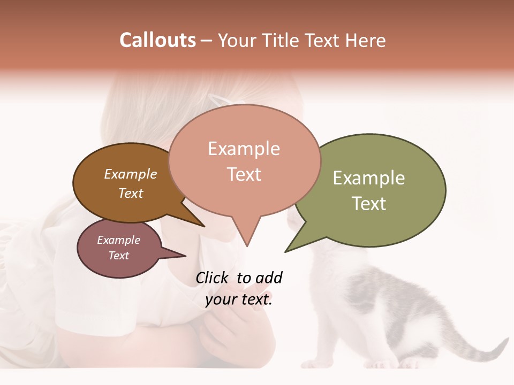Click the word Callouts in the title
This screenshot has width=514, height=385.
point(157,40)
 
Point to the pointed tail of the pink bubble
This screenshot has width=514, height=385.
point(246,235)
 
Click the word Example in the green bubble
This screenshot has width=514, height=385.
point(369,178)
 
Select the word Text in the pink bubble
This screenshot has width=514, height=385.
point(244,174)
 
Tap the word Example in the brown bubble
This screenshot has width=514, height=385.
point(131,174)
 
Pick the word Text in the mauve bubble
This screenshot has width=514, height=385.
point(119,256)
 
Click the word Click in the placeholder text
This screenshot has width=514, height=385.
point(212,278)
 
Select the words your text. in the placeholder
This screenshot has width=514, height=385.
point(239,299)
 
